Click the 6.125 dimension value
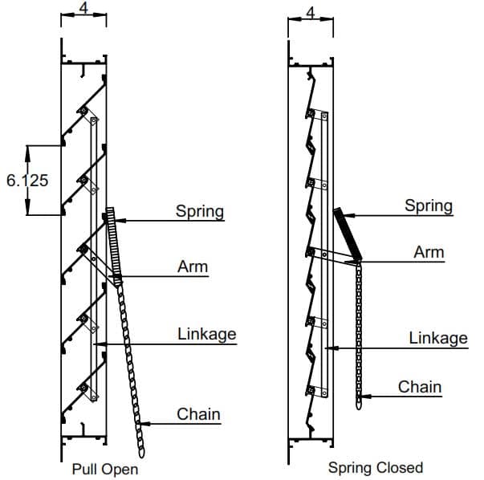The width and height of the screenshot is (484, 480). click(x=26, y=180)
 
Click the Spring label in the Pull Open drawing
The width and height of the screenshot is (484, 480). click(x=200, y=211)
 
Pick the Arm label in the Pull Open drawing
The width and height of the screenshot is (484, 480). click(x=193, y=266)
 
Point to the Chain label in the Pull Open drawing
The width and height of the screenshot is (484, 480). click(x=198, y=414)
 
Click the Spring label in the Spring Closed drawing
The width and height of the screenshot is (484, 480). click(x=428, y=205)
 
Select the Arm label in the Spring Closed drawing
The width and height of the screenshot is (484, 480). click(x=429, y=252)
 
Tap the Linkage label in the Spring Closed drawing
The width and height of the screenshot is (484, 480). click(x=437, y=338)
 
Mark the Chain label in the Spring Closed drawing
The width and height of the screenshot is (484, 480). click(x=420, y=387)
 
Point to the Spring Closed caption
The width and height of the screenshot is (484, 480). click(x=375, y=467)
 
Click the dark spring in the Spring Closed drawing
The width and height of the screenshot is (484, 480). click(x=348, y=233)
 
